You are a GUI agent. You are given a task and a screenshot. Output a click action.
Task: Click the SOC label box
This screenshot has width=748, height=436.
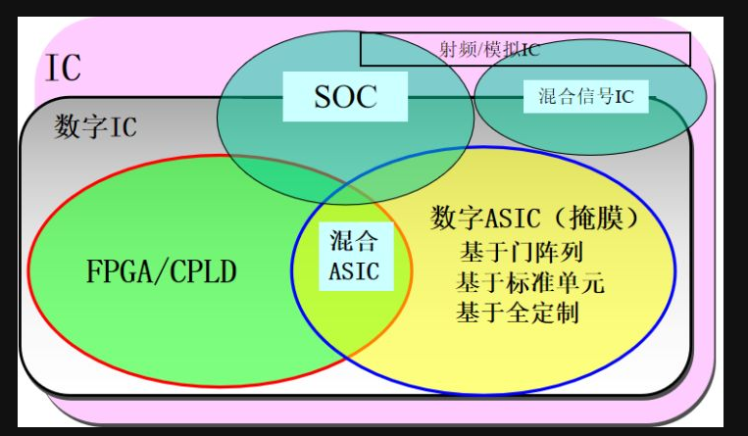tap(345, 96)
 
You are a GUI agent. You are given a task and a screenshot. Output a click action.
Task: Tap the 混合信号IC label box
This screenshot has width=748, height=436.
tap(586, 96)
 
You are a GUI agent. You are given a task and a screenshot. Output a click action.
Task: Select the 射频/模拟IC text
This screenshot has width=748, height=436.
tap(489, 49)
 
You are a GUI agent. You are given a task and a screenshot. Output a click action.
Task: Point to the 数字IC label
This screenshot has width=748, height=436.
tap(95, 126)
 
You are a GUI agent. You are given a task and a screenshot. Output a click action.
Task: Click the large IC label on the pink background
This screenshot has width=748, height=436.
tap(64, 68)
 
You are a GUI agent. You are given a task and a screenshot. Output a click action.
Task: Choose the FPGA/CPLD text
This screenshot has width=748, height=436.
tap(161, 271)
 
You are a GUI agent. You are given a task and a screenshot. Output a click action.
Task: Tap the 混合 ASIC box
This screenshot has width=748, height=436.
tap(356, 256)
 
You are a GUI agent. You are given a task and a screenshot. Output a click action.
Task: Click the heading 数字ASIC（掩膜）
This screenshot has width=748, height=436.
tap(534, 218)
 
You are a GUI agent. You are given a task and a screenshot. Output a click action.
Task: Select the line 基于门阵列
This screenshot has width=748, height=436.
tap(521, 252)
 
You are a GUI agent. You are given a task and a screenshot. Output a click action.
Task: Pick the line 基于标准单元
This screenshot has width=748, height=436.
tap(530, 282)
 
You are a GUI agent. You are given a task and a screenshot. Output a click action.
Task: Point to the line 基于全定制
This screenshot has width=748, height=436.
tap(518, 313)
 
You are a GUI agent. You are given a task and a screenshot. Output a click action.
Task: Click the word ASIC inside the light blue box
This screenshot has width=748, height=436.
tap(354, 271)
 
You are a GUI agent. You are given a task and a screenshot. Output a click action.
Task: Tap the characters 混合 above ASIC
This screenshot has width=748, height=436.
tap(354, 240)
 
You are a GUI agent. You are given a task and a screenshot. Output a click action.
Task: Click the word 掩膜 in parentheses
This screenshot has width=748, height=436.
tap(596, 218)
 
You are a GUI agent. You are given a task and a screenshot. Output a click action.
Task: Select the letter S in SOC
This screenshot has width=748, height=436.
tap(323, 97)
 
